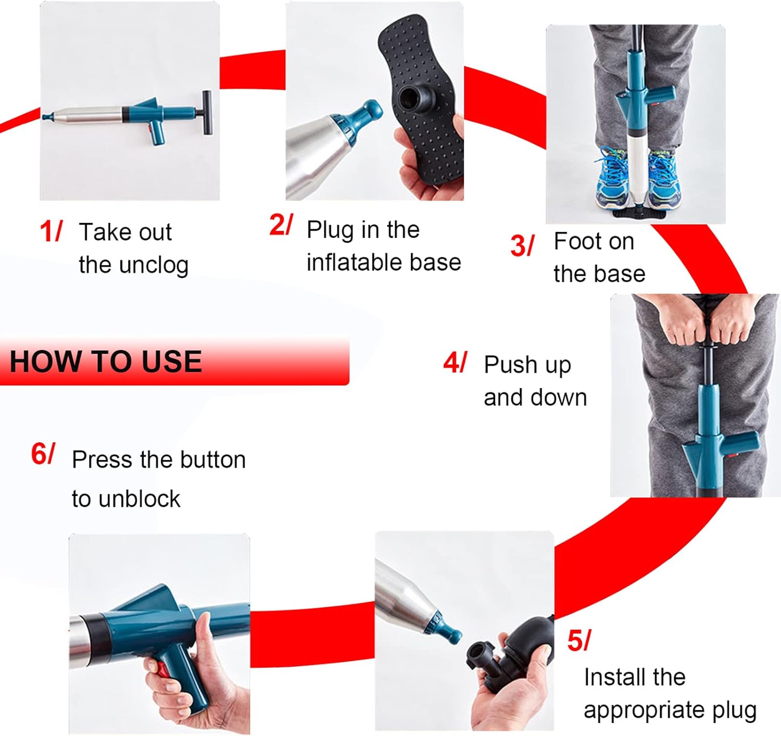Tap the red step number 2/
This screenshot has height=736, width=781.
pyautogui.click(x=281, y=224)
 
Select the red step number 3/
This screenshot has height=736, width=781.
pyautogui.click(x=522, y=245)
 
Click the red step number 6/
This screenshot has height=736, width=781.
pyautogui.click(x=43, y=453)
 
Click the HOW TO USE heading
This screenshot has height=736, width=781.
pyautogui.click(x=106, y=361)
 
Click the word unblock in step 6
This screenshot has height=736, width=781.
pyautogui.click(x=126, y=498)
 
